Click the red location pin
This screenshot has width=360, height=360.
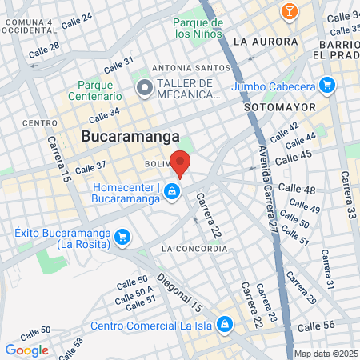[181, 163]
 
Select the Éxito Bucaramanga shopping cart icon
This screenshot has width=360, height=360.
[122, 237]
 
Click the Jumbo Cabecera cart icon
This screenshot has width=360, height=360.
[326, 85]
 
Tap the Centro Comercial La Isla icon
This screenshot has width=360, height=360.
[226, 324]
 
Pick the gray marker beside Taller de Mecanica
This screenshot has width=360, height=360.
[145, 88]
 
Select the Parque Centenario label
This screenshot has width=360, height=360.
[105, 91]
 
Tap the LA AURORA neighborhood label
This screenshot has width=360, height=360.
[265, 41]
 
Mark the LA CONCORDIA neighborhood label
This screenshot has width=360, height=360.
[190, 249]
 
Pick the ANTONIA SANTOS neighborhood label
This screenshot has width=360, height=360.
[185, 68]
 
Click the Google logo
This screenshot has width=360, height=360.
[26, 350]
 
